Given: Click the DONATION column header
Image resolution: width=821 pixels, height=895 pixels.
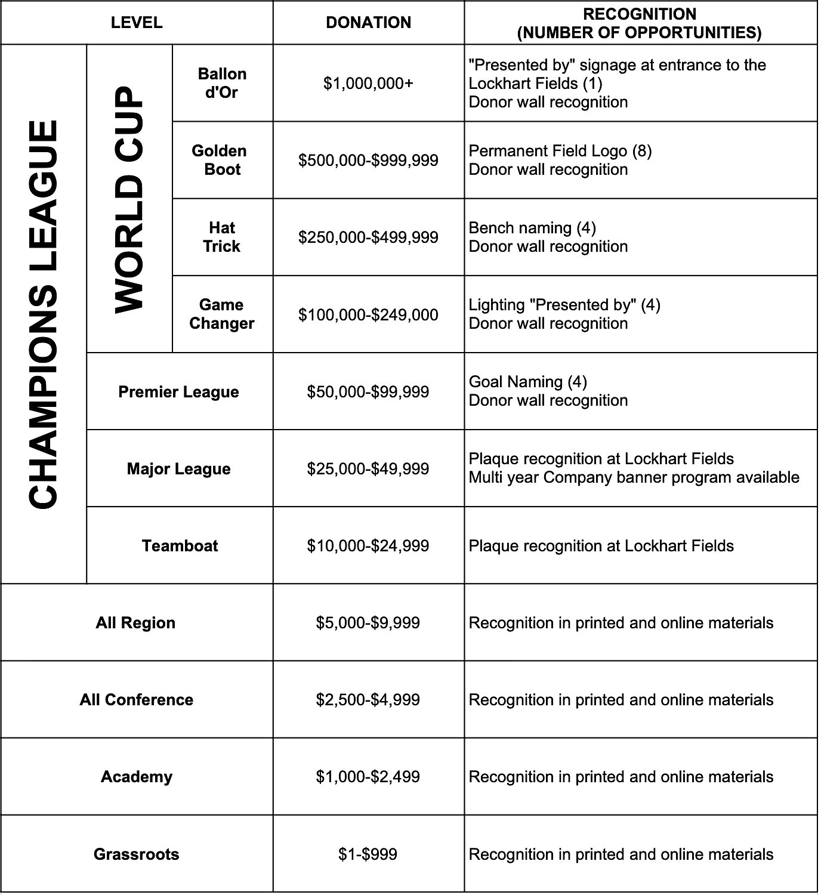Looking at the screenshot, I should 368,23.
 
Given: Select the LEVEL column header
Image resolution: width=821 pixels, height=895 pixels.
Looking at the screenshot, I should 137,23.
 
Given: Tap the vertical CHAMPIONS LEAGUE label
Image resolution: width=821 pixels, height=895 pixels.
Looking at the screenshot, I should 44,314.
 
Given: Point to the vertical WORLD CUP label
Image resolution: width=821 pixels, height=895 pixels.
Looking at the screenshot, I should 129,199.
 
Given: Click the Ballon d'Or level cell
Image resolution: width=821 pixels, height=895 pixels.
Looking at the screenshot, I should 222,83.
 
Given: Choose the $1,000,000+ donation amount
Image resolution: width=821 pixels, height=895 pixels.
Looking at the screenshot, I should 368,83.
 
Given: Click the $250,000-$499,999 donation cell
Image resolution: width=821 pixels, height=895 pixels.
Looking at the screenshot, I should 368,237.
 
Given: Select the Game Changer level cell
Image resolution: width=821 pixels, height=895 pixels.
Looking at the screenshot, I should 222,314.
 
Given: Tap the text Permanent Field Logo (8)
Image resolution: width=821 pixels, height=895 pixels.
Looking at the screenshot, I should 560,150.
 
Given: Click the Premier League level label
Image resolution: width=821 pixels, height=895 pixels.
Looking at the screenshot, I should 178,391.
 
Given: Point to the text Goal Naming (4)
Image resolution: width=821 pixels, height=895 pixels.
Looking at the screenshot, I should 527,381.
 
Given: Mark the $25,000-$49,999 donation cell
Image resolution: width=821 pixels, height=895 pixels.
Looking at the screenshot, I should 368,468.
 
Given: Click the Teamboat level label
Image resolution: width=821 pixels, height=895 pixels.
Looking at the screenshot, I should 180,545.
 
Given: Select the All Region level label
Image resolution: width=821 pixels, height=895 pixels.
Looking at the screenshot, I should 135,622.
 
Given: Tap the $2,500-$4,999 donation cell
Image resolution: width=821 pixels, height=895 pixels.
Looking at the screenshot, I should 368,699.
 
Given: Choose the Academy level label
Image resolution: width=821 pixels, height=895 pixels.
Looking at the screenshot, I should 137,776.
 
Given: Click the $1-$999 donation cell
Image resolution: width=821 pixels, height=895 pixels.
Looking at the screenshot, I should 368,854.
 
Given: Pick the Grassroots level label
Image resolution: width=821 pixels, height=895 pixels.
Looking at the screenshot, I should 137,854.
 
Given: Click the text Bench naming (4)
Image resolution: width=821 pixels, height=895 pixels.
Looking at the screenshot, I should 532,227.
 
